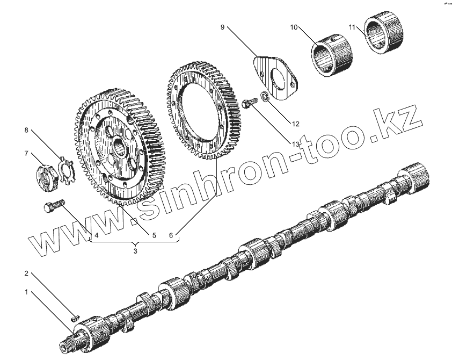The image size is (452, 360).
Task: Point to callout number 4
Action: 96,235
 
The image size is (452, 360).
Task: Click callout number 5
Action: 153,235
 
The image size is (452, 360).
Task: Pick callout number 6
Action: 171,235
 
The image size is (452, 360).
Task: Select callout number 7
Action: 25,154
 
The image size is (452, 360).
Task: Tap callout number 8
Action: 25,129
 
